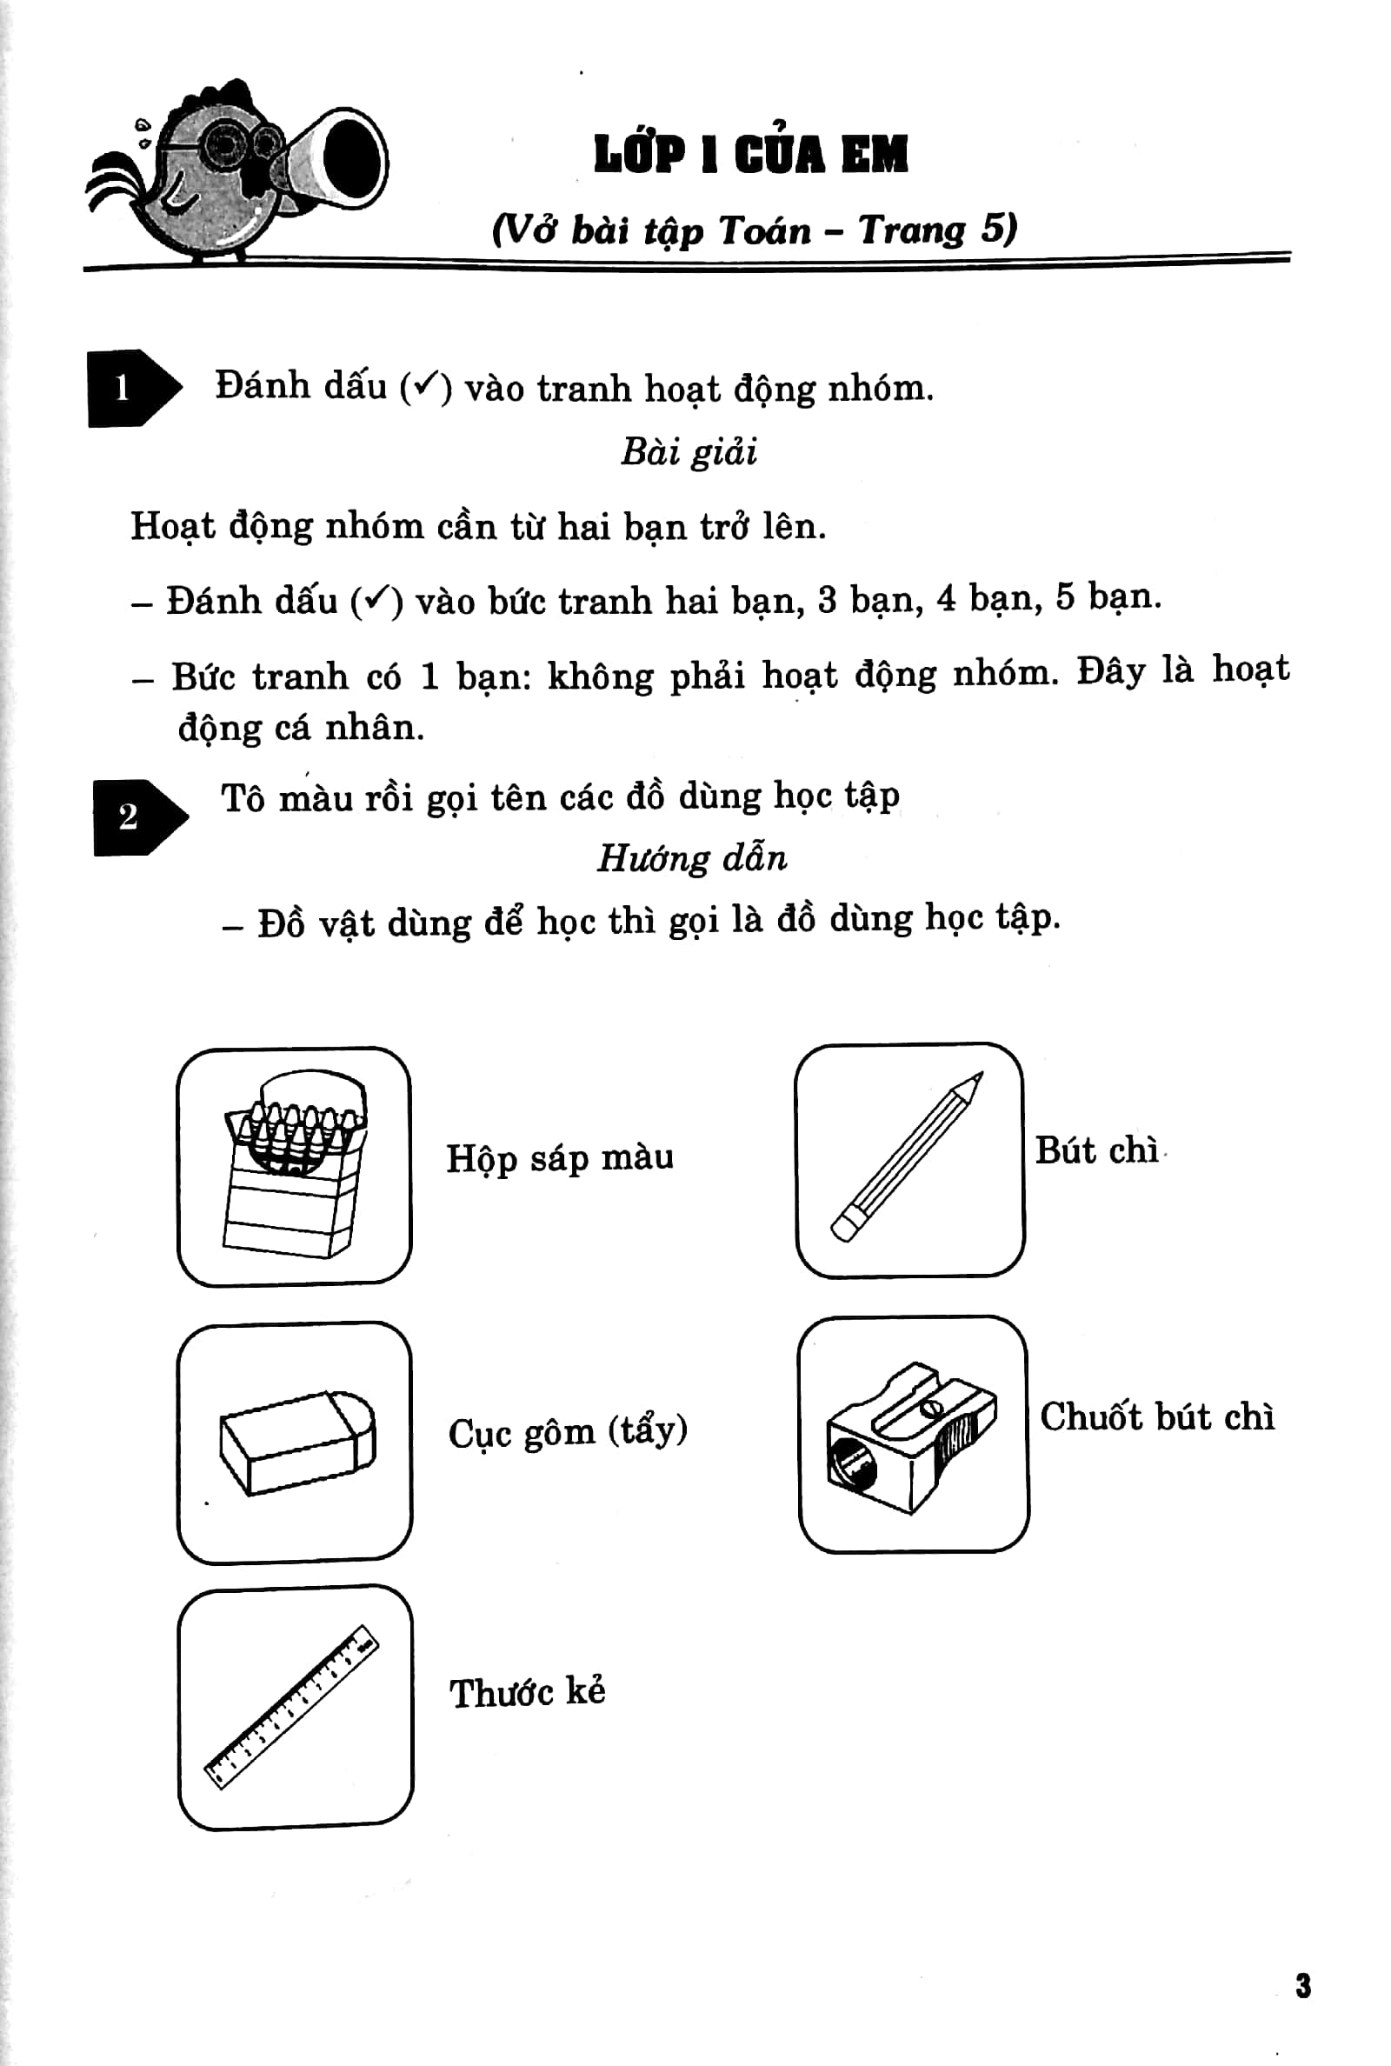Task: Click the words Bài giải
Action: [x=689, y=452]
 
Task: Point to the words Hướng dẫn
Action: [x=692, y=859]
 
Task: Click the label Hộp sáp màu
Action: [x=559, y=1157]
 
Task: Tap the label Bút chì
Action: [x=1096, y=1150]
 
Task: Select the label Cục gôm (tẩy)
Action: [x=567, y=1432]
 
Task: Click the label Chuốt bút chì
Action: [x=1157, y=1416]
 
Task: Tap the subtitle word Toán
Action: [x=764, y=231]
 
